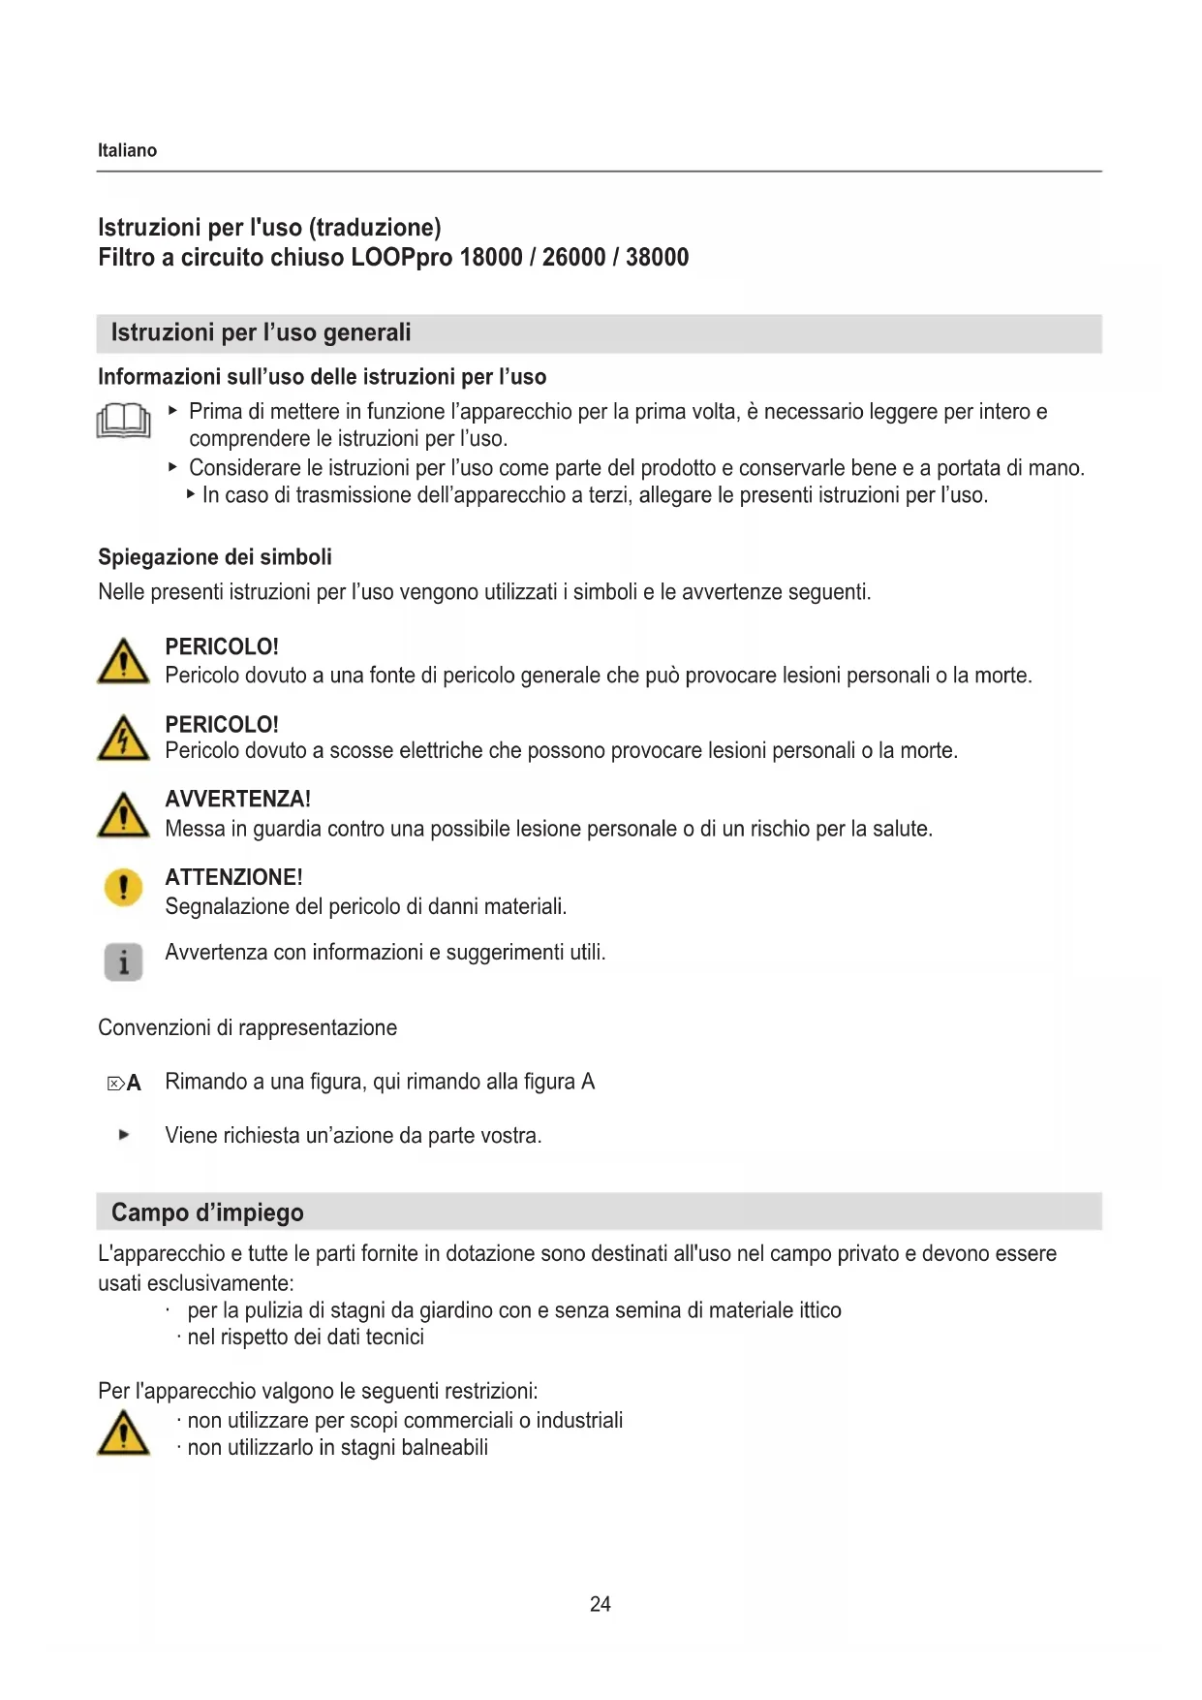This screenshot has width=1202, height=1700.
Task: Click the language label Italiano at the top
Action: click(127, 150)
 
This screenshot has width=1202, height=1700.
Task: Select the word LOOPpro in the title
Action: click(401, 258)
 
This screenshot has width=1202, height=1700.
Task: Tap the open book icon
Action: click(123, 422)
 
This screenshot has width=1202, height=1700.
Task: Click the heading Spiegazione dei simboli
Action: click(215, 557)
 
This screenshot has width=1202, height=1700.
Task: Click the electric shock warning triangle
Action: click(123, 739)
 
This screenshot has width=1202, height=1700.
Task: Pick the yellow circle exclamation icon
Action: click(123, 887)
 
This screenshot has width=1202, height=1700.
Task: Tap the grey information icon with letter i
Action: click(123, 961)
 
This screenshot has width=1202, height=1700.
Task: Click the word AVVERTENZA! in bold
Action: click(237, 800)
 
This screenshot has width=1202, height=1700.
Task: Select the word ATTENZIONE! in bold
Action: click(233, 877)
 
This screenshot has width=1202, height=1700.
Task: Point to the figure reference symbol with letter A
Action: click(124, 1084)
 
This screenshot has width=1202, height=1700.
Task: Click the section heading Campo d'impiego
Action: click(207, 1212)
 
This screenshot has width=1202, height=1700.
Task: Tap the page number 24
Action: click(601, 1604)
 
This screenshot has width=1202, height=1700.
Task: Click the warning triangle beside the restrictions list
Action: click(123, 1433)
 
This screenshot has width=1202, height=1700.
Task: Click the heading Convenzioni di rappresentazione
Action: click(247, 1028)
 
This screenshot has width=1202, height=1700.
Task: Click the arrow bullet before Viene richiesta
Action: click(123, 1135)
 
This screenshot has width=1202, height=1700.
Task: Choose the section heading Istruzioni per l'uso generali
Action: click(261, 333)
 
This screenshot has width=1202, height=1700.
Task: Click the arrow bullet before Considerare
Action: click(172, 467)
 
